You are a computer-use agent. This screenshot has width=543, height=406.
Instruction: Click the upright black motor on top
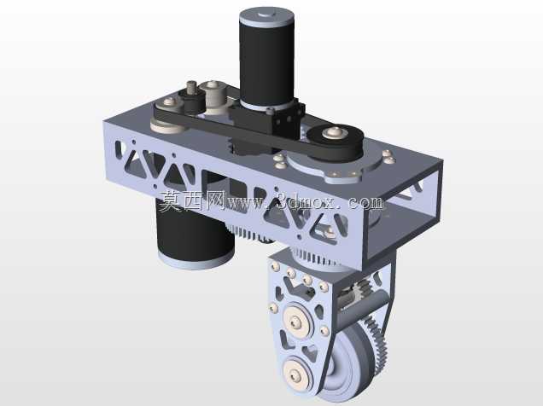tap(266, 59)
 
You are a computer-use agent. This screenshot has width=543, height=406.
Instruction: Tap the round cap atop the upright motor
tap(266, 14)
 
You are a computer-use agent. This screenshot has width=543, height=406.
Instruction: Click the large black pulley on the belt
tap(335, 142)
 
